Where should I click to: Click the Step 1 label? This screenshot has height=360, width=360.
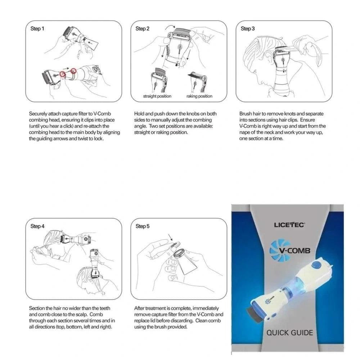(37, 29)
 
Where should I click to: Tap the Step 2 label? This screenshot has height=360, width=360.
(143, 29)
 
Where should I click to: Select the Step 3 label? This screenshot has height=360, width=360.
(248, 29)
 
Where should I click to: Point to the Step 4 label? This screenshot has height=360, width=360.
(37, 226)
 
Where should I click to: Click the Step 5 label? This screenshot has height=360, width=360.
(143, 226)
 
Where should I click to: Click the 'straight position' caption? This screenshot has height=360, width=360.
(157, 96)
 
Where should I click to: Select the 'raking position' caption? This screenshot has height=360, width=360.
(199, 96)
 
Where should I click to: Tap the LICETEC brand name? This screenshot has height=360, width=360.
(289, 225)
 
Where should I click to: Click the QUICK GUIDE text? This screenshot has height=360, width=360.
(289, 332)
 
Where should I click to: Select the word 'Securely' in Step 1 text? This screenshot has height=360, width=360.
(38, 114)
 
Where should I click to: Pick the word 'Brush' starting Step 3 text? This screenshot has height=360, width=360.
(246, 114)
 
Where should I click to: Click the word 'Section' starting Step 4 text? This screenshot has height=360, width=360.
(37, 309)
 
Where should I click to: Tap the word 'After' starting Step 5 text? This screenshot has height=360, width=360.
(140, 309)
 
